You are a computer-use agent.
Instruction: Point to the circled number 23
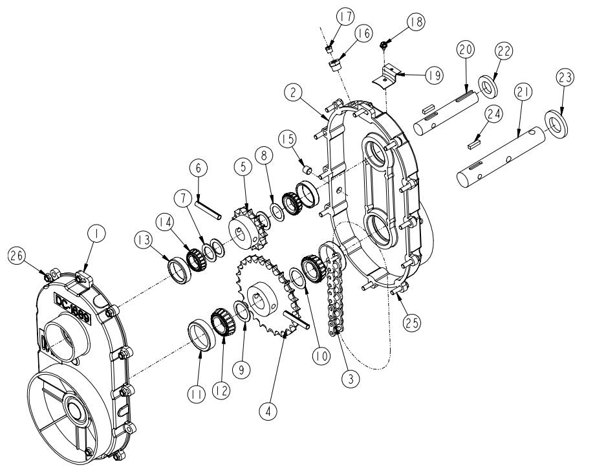coord(565,78)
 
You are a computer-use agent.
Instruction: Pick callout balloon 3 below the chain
coord(351,379)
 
